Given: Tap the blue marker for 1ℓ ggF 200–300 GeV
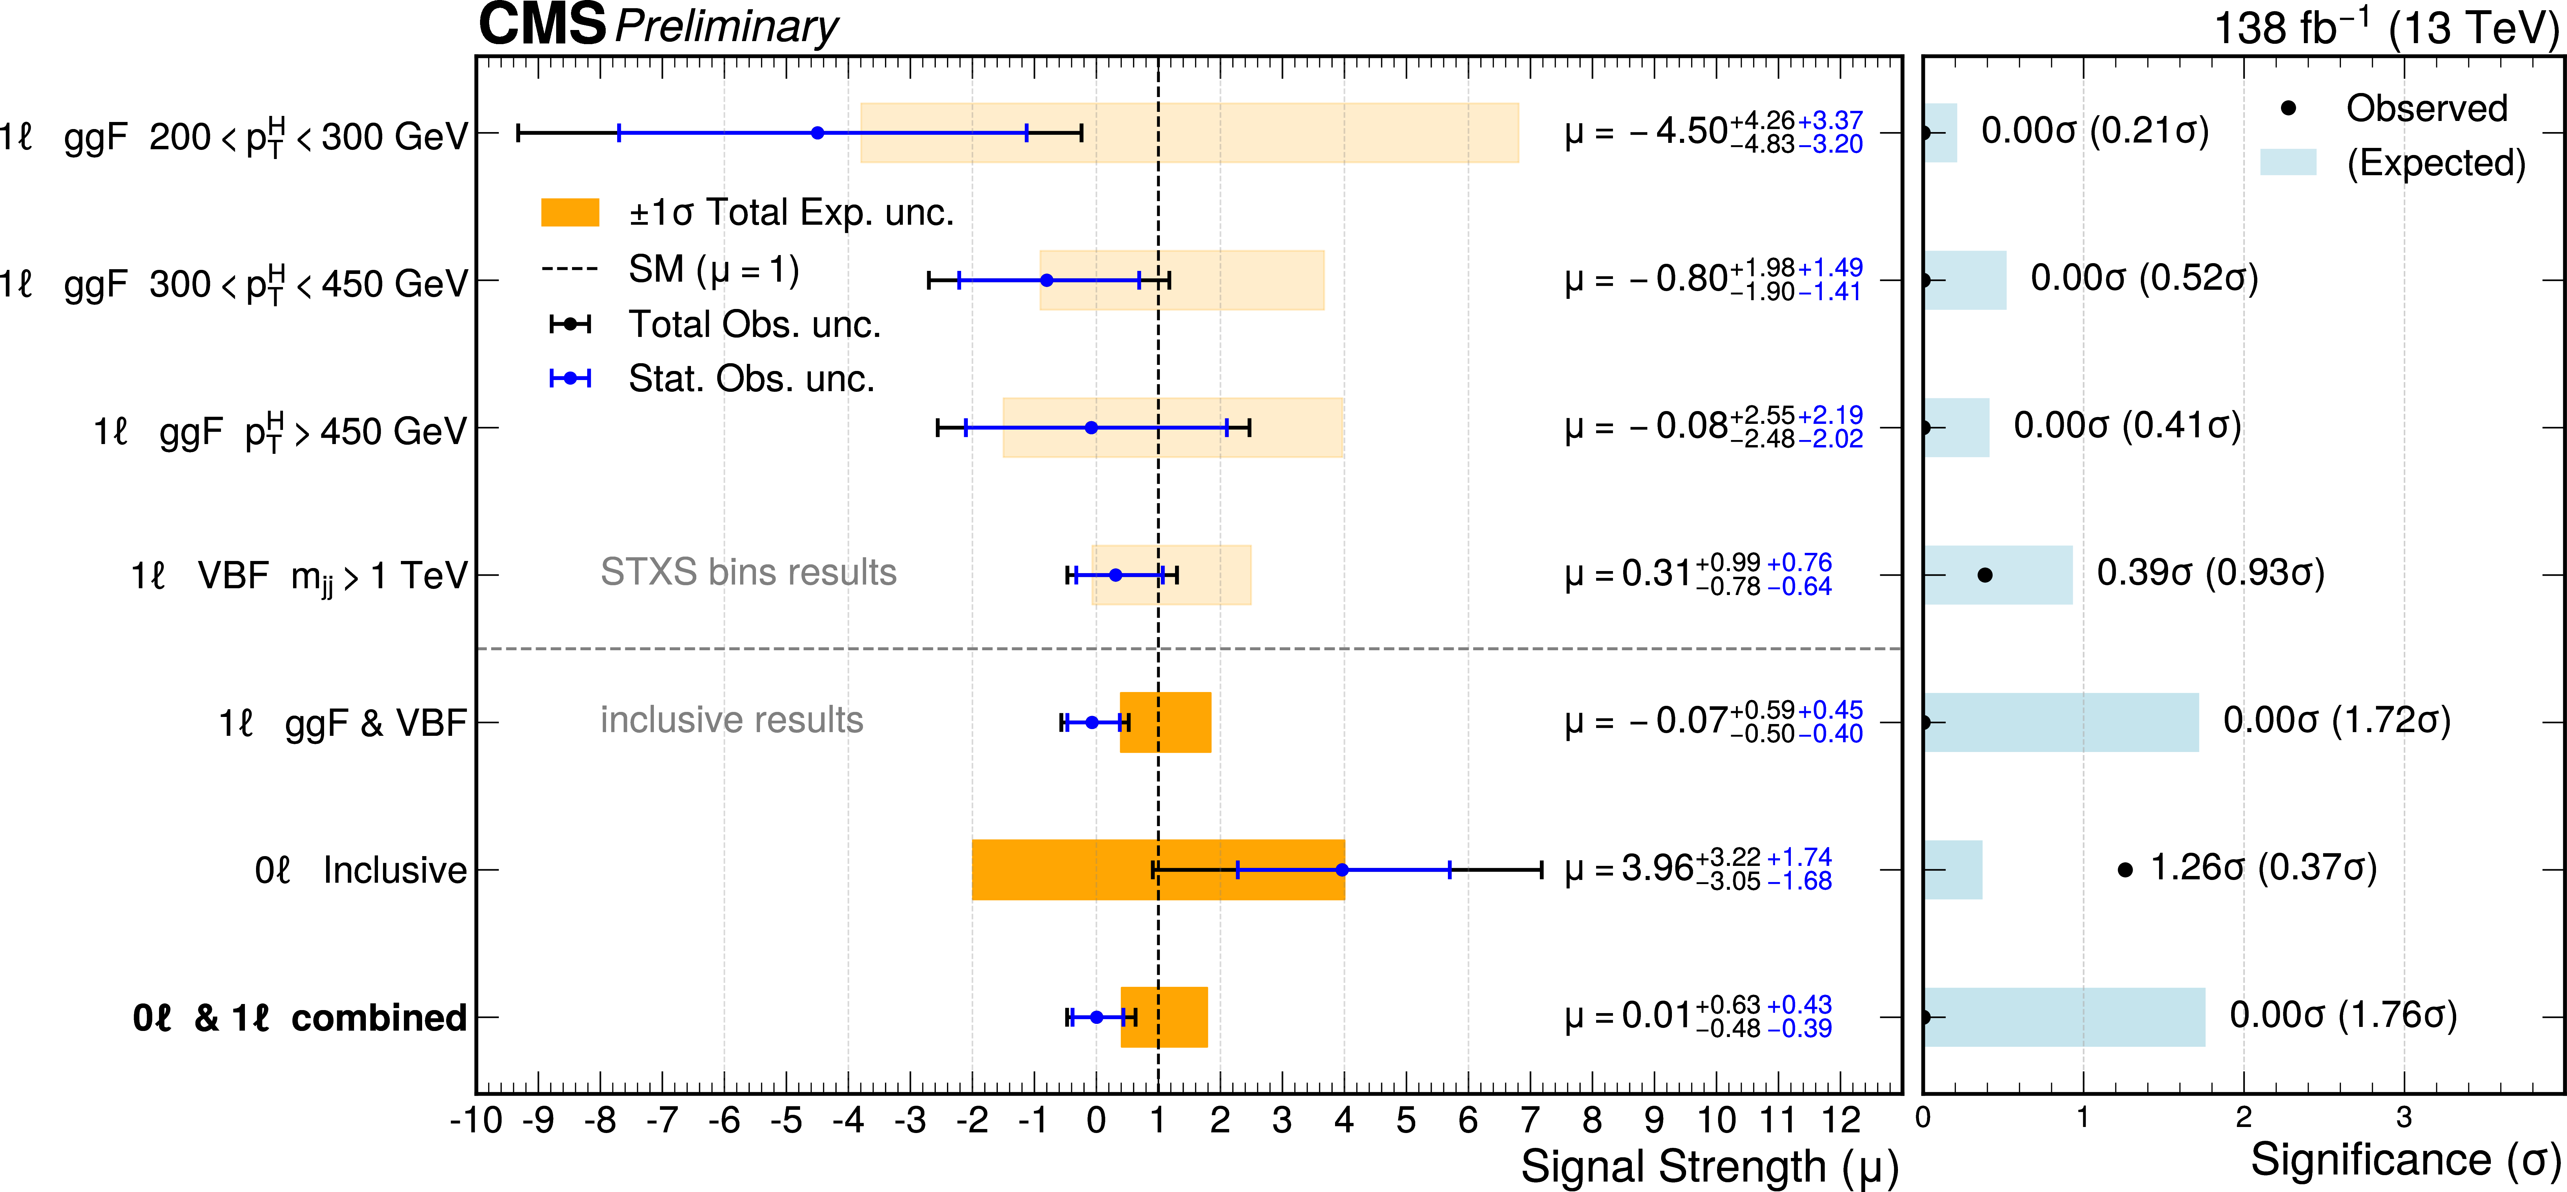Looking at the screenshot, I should pos(817,132).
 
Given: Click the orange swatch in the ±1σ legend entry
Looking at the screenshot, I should pos(569,212).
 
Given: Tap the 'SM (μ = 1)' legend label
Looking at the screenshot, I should pos(714,269).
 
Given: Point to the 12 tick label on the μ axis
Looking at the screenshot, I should pos(1841,1120).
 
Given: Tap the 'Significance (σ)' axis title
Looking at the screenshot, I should pos(2405,1159).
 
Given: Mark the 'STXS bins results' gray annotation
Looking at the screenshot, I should pos(749,572).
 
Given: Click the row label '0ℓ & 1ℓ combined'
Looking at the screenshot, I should pos(299,1017).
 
